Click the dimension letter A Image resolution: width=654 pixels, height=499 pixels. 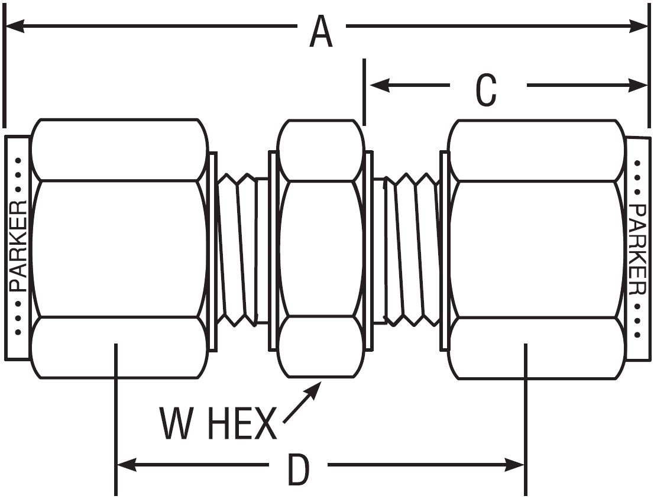coord(321,32)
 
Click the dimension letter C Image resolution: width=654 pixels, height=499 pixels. coord(486,91)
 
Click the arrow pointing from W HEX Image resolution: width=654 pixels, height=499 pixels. coord(302,402)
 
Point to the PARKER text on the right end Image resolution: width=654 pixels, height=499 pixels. coord(637,248)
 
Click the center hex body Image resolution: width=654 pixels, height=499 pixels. coord(320,248)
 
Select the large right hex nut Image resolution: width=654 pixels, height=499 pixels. coord(536,248)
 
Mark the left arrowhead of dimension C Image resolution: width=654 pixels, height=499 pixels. coord(378,85)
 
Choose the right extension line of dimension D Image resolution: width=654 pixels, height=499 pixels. coord(525,420)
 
